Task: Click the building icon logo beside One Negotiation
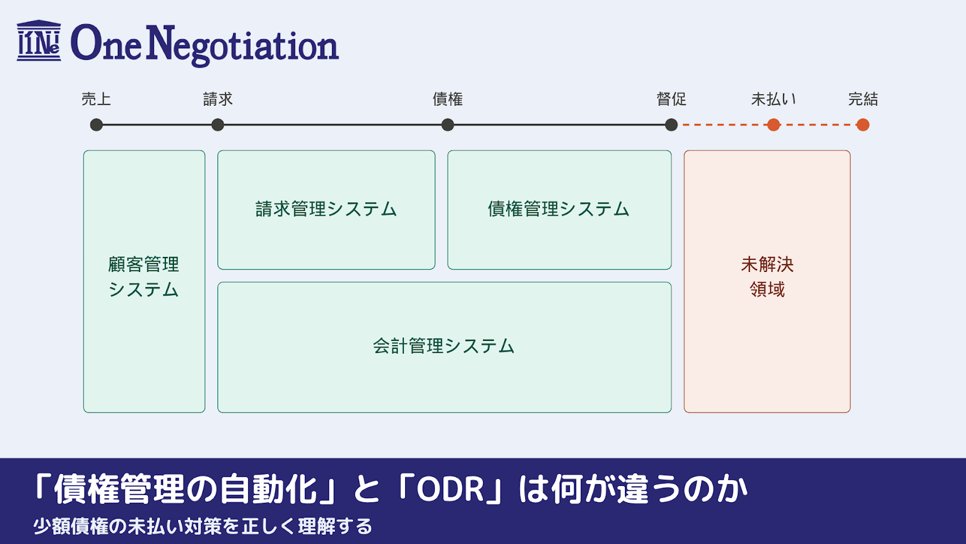click(x=39, y=41)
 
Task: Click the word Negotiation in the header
click(x=242, y=45)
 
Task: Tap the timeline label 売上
click(x=97, y=99)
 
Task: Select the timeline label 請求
click(x=218, y=99)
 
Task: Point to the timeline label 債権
click(x=447, y=99)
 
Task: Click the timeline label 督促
click(x=671, y=99)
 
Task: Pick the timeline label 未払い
click(x=773, y=99)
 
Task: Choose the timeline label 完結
click(x=863, y=99)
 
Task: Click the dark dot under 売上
click(x=97, y=125)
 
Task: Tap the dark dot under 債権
click(x=447, y=125)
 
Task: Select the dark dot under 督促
click(x=671, y=125)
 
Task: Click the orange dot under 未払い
click(x=773, y=125)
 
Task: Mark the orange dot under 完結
click(x=863, y=125)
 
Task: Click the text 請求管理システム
click(x=326, y=209)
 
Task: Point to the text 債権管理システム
click(x=559, y=209)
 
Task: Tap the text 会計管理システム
click(x=444, y=346)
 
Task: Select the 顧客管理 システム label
click(x=144, y=277)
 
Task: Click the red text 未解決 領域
click(x=767, y=277)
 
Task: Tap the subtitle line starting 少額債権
click(x=203, y=526)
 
